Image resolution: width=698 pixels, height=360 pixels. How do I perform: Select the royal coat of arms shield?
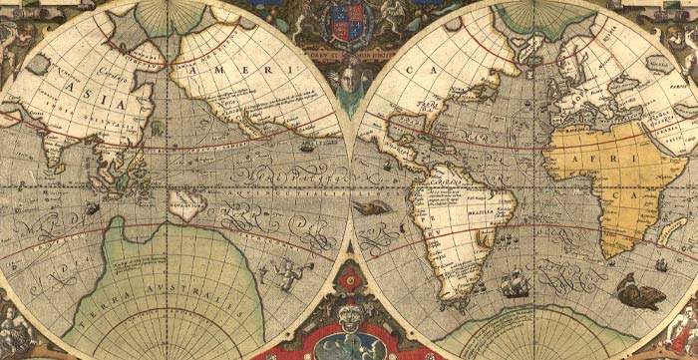[x=349, y=17]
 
